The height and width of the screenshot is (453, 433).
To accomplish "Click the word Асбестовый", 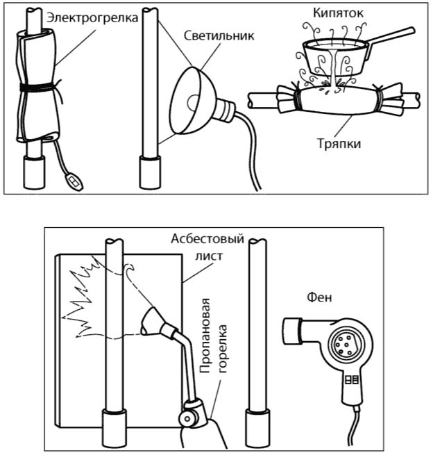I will pyautogui.click(x=207, y=239).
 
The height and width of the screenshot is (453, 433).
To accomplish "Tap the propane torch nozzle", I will pyautogui.click(x=151, y=320).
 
